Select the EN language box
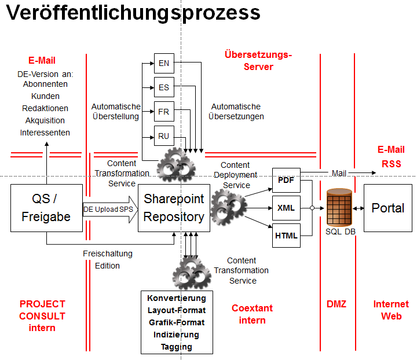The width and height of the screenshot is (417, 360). pyautogui.click(x=164, y=63)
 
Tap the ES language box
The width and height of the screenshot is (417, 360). pyautogui.click(x=164, y=87)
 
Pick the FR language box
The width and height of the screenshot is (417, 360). pyautogui.click(x=164, y=112)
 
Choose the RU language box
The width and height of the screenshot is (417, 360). pyautogui.click(x=164, y=137)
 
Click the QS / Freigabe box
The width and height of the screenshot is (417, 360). pyautogui.click(x=46, y=208)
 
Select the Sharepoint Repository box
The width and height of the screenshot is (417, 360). pyautogui.click(x=174, y=208)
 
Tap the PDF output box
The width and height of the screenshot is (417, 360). pyautogui.click(x=286, y=180)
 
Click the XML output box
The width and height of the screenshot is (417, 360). pyautogui.click(x=286, y=207)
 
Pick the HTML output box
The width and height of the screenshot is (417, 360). pyautogui.click(x=286, y=236)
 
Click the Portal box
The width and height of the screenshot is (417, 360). pyautogui.click(x=387, y=208)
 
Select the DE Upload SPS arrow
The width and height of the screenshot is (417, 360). pyautogui.click(x=109, y=208)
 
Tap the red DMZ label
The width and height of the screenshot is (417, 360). pyautogui.click(x=336, y=304)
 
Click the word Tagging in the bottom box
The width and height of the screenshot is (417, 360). pyautogui.click(x=177, y=347)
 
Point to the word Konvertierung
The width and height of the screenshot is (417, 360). pyautogui.click(x=177, y=298)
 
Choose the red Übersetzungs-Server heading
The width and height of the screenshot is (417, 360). pyautogui.click(x=258, y=61)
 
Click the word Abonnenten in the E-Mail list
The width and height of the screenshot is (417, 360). pyautogui.click(x=45, y=84)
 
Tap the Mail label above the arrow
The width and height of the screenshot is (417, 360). pyautogui.click(x=339, y=173)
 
